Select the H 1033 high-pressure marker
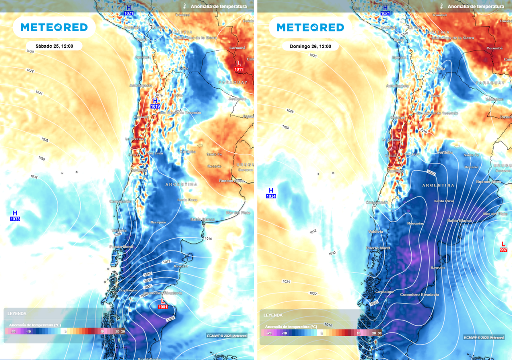point(15,216)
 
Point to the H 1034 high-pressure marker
point(271,193)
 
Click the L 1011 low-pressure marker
point(239,66)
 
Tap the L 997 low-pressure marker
point(504,246)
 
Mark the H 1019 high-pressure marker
point(155,103)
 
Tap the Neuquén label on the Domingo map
point(415,223)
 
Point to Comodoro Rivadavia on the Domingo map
point(419,294)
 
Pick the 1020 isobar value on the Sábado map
point(30,51)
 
